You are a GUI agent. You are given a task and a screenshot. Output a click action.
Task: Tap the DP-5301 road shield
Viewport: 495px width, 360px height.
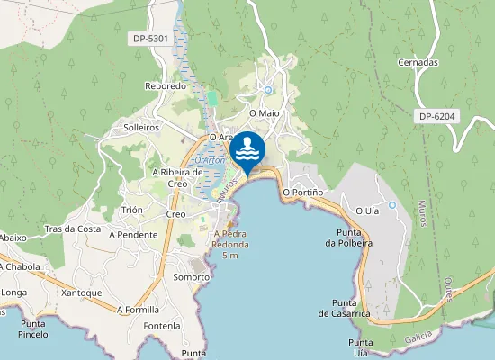(x=149, y=39)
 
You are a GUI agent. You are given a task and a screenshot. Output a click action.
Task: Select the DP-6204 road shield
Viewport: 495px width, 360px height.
(x=438, y=117)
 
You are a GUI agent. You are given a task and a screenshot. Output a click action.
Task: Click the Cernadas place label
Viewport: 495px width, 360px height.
(x=418, y=62)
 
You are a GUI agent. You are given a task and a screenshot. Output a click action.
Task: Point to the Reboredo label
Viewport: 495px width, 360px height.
(x=165, y=86)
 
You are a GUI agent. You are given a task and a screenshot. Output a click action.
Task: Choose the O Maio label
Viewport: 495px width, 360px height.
(x=265, y=113)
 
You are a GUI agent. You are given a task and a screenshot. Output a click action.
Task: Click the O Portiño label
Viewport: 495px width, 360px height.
(x=302, y=192)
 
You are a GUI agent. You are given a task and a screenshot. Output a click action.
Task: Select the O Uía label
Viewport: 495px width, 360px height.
(x=367, y=211)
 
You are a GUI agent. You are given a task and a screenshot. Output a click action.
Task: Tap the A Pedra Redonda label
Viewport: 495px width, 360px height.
(x=230, y=243)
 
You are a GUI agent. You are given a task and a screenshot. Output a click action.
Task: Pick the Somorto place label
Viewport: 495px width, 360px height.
(x=191, y=277)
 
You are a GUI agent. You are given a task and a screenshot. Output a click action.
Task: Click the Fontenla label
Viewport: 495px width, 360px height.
(x=162, y=325)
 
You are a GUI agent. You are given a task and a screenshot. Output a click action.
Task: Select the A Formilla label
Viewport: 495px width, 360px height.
(x=138, y=309)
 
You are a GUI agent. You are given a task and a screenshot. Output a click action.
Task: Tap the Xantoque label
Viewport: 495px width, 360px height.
(x=83, y=293)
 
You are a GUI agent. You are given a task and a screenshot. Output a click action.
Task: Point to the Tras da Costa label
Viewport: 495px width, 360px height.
(x=73, y=229)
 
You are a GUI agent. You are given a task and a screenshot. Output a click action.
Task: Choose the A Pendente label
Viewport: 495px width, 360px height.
(x=132, y=234)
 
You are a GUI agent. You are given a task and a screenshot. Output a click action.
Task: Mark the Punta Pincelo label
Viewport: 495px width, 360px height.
(x=32, y=328)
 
